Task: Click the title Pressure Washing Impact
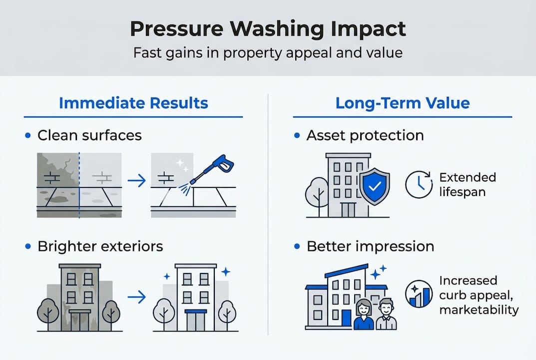pyautogui.click(x=268, y=29)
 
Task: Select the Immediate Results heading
pyautogui.click(x=133, y=103)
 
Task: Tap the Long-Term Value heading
pyautogui.click(x=403, y=103)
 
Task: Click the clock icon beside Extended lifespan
pyautogui.click(x=419, y=185)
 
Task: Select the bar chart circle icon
pyautogui.click(x=419, y=294)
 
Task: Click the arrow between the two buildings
pyautogui.click(x=136, y=297)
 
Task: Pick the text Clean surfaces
pyautogui.click(x=89, y=135)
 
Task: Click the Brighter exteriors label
pyautogui.click(x=100, y=246)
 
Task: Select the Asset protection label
pyautogui.click(x=365, y=135)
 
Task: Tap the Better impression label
pyautogui.click(x=370, y=246)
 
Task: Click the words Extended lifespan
pyautogui.click(x=468, y=184)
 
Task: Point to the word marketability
pyautogui.click(x=479, y=310)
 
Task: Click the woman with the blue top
pyautogui.click(x=364, y=316)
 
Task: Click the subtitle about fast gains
pyautogui.click(x=268, y=52)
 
